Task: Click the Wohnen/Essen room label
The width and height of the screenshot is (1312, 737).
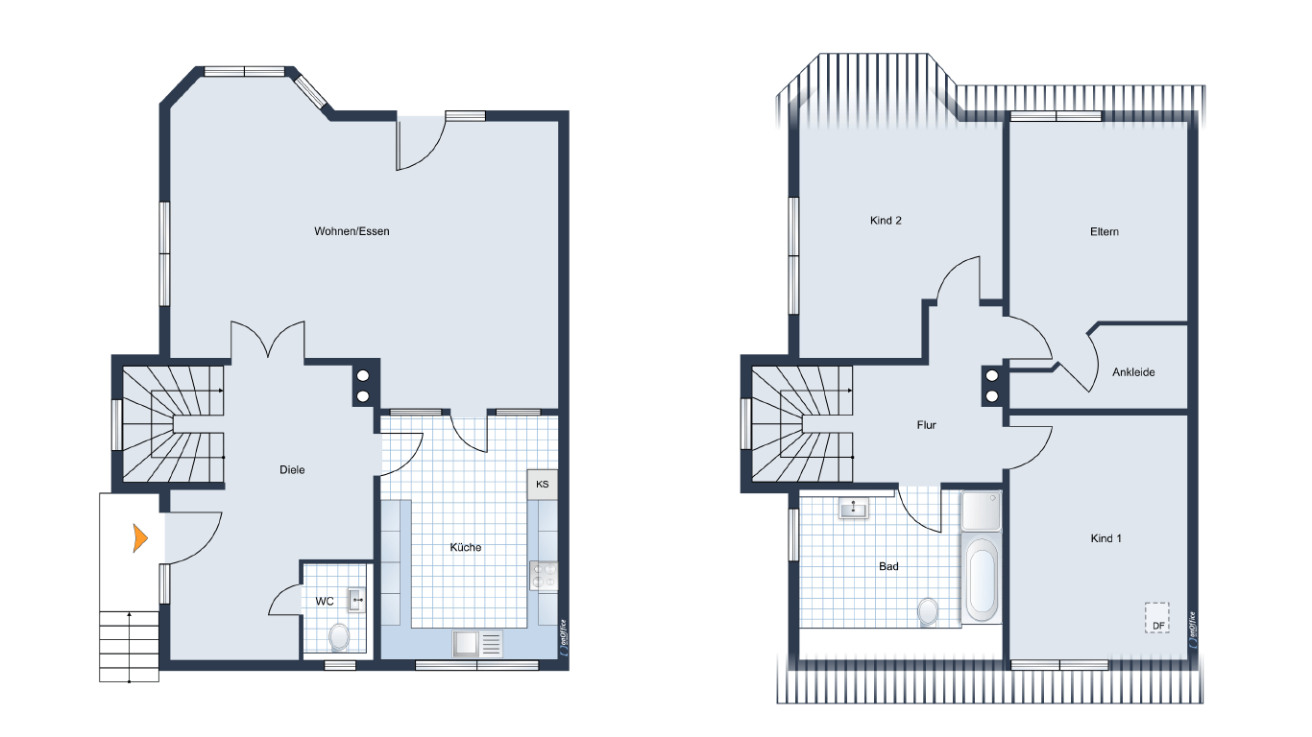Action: coord(352,231)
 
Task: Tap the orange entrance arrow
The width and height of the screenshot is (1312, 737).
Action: coord(140,538)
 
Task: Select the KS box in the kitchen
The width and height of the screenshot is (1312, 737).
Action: coord(543,484)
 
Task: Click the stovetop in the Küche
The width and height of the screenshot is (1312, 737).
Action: coord(544,576)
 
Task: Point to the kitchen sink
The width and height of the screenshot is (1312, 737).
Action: coord(477,644)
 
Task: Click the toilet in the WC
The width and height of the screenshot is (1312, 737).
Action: coord(339,637)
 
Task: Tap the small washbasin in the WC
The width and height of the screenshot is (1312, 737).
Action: coord(356,600)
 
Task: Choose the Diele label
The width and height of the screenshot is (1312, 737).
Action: coord(292,469)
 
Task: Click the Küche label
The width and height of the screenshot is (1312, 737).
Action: coord(466,547)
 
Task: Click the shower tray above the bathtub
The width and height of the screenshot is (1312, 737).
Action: coord(981,511)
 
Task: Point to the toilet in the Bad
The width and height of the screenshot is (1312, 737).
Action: coord(928,611)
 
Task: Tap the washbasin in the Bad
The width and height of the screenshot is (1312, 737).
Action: coord(854,510)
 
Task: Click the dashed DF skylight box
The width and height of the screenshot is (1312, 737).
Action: coord(1157,618)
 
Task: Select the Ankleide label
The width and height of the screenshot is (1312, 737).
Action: coord(1133,372)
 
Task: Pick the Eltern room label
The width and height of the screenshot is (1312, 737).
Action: coord(1105,232)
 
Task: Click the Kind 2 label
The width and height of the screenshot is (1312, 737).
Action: coord(886,221)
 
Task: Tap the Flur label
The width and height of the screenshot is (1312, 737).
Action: coord(926,425)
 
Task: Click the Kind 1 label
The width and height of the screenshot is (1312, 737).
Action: coord(1105,538)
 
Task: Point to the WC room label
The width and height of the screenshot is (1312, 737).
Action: coord(325,601)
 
